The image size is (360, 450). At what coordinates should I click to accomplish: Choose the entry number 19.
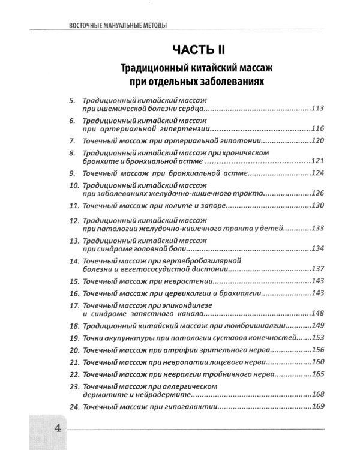pos(74,338)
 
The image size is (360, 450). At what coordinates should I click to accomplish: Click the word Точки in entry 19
pos(96,338)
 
